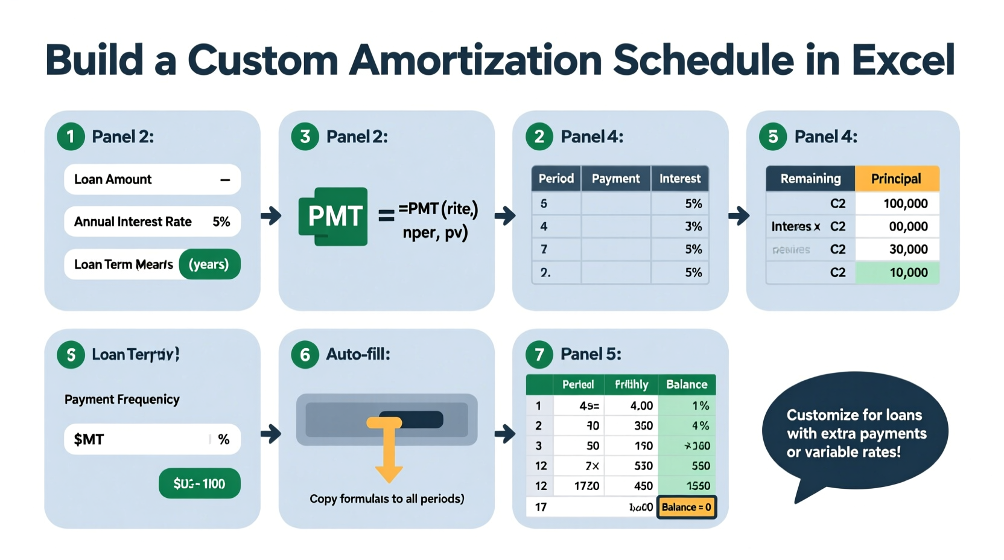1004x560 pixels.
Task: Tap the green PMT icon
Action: coord(333,216)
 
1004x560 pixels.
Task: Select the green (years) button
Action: coord(209,264)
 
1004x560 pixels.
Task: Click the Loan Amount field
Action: coord(152,179)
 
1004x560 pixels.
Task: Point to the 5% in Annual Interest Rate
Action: coord(221,222)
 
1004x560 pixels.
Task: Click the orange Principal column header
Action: coord(896,179)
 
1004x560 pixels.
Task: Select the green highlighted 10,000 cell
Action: coord(897,273)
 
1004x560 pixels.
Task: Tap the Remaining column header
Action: coord(810,179)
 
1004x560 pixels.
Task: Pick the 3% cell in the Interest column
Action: coord(681,227)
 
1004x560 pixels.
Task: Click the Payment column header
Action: coord(615,179)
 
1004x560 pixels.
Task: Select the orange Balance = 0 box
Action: coord(686,507)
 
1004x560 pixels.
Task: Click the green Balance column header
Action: coord(687,384)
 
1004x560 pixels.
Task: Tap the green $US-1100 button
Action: coord(199,483)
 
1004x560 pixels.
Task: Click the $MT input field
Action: coord(152,439)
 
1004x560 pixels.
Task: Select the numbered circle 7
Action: coord(539,354)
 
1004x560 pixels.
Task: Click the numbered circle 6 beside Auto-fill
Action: coord(305,354)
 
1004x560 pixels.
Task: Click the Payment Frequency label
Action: coord(122,399)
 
